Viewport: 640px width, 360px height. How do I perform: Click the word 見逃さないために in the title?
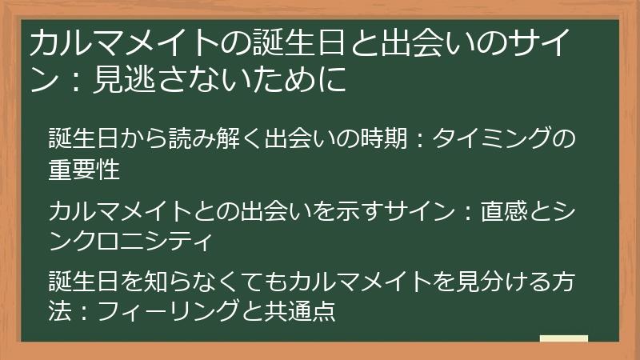pyautogui.click(x=219, y=78)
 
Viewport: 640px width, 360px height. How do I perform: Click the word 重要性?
pyautogui.click(x=84, y=169)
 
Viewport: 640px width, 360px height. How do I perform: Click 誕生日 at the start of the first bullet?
pyautogui.click(x=84, y=138)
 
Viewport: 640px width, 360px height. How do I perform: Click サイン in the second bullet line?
pyautogui.click(x=421, y=211)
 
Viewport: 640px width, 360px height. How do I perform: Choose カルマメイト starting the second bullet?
pyautogui.click(x=119, y=211)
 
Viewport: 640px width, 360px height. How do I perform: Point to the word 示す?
pyautogui.click(x=360, y=211)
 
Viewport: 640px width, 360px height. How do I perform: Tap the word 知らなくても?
pyautogui.click(x=216, y=282)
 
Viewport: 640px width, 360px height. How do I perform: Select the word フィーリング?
pyautogui.click(x=168, y=311)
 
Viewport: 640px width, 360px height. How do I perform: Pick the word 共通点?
pyautogui.click(x=300, y=311)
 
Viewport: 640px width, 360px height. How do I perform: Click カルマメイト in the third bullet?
pyautogui.click(x=361, y=282)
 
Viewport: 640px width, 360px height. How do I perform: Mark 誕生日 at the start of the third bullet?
pyautogui.click(x=84, y=282)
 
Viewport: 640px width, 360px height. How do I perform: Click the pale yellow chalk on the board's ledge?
pyautogui.click(x=564, y=338)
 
